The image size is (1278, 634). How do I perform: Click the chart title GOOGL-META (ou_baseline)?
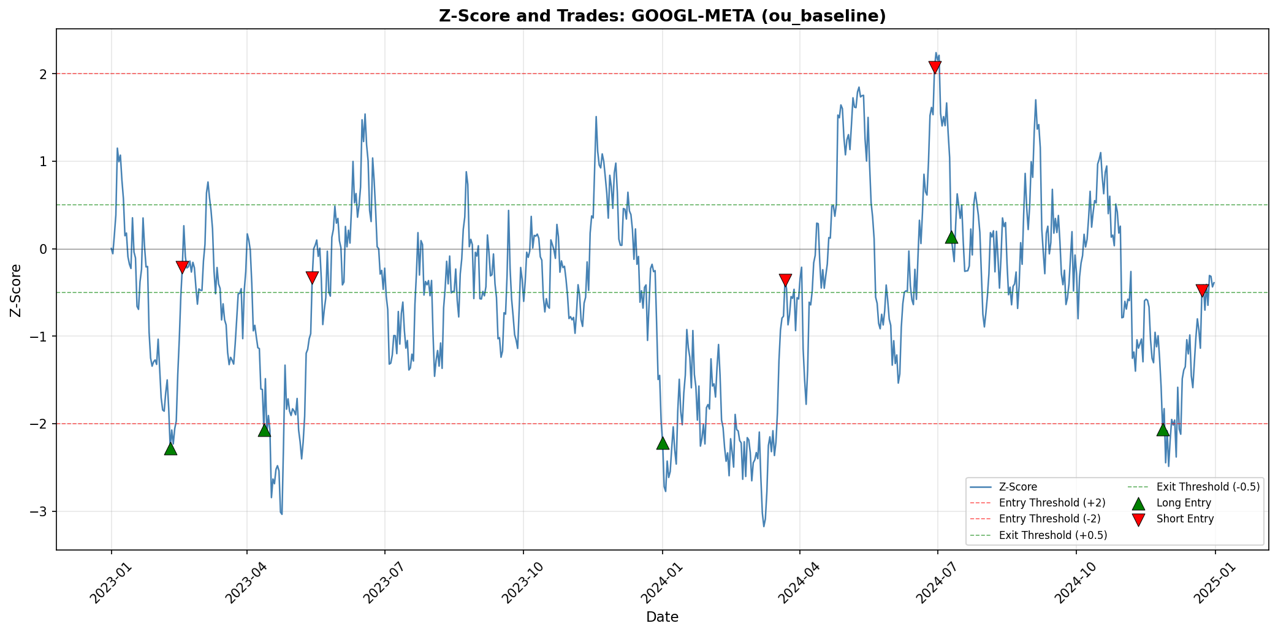(662, 16)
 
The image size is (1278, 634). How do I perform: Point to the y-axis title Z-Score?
(17, 290)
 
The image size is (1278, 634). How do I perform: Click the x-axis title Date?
(662, 617)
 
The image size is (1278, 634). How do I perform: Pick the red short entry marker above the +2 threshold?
(935, 67)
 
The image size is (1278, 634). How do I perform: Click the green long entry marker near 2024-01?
(663, 443)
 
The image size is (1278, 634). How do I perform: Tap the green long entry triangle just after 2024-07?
(951, 237)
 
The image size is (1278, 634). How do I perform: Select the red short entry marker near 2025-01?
(1202, 290)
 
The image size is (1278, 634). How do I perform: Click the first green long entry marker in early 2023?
(171, 448)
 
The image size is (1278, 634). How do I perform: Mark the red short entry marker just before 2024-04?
(785, 280)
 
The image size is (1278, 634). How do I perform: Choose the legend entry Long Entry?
(1184, 503)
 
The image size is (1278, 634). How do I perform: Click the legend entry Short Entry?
(1185, 519)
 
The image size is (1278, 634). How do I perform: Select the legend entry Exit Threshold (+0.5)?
(1052, 535)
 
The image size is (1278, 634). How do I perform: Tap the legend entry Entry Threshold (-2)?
(1052, 519)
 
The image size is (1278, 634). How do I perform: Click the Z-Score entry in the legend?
(1017, 487)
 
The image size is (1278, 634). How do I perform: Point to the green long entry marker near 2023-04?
(264, 430)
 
